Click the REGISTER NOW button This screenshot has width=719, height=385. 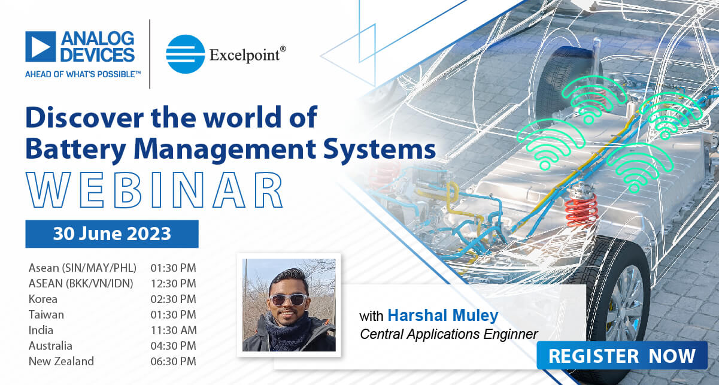pyautogui.click(x=622, y=356)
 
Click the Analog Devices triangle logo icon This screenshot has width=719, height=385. pyautogui.click(x=41, y=47)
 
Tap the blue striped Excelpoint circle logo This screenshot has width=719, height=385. pyautogui.click(x=185, y=54)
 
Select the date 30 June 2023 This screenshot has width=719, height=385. pyautogui.click(x=112, y=234)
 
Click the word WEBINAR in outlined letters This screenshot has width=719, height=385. pyautogui.click(x=154, y=190)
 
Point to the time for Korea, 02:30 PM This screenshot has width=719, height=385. pyautogui.click(x=174, y=299)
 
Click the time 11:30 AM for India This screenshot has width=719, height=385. pyautogui.click(x=174, y=330)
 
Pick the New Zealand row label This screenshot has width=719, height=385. pyautogui.click(x=61, y=361)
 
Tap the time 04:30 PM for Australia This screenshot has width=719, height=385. pyautogui.click(x=174, y=346)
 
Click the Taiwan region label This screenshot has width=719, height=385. pyautogui.click(x=46, y=315)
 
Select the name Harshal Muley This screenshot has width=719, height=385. pyautogui.click(x=443, y=316)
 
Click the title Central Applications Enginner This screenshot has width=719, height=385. pyautogui.click(x=449, y=335)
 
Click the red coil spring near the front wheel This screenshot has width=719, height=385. pyautogui.click(x=581, y=209)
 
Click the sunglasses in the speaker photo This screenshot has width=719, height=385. pyautogui.click(x=288, y=299)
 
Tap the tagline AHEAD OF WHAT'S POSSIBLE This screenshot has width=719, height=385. pyautogui.click(x=83, y=74)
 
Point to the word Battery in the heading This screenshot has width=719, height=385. pyautogui.click(x=76, y=150)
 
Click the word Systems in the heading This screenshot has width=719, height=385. pyautogui.click(x=380, y=150)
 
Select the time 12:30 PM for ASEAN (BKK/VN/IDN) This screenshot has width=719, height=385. pyautogui.click(x=174, y=284)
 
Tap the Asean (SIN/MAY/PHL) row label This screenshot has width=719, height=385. pyautogui.click(x=83, y=268)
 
